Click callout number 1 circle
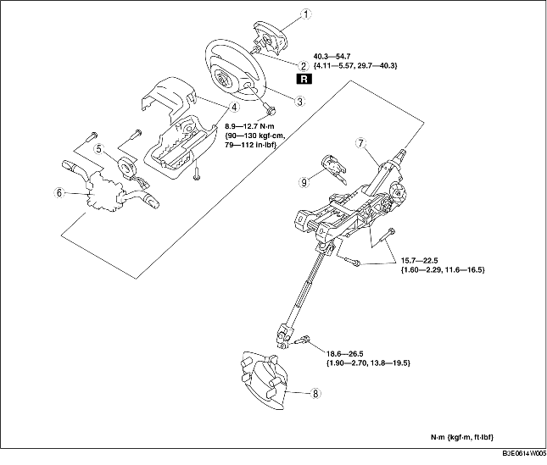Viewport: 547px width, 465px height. pyautogui.click(x=305, y=14)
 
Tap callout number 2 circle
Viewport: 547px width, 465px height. pyautogui.click(x=303, y=66)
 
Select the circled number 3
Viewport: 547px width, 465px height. pyautogui.click(x=299, y=102)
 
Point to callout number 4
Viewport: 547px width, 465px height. pyautogui.click(x=234, y=108)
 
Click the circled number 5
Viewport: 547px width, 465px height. pyautogui.click(x=99, y=149)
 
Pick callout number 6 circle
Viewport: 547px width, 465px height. pyautogui.click(x=59, y=192)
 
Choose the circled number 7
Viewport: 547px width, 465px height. pyautogui.click(x=360, y=143)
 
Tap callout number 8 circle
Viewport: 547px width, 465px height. pyautogui.click(x=315, y=394)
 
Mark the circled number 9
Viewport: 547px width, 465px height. pyautogui.click(x=304, y=181)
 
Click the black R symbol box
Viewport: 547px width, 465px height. pyautogui.click(x=304, y=79)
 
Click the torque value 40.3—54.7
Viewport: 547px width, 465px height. pyautogui.click(x=332, y=56)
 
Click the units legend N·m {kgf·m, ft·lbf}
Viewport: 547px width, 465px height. pyautogui.click(x=462, y=438)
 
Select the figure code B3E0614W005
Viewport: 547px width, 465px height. pyautogui.click(x=524, y=454)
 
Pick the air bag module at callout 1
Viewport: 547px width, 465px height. pyautogui.click(x=269, y=37)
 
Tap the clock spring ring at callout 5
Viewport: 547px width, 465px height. pyautogui.click(x=127, y=166)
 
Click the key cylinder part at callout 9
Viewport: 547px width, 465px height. pyautogui.click(x=334, y=168)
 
